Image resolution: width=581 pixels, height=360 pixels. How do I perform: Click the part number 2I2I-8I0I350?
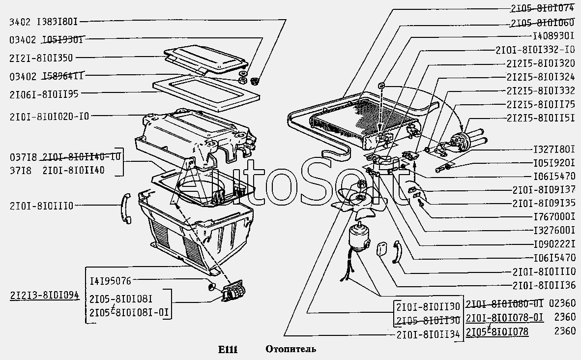pyautogui.click(x=41, y=58)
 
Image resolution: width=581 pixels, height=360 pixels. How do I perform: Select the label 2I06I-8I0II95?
pyautogui.click(x=43, y=93)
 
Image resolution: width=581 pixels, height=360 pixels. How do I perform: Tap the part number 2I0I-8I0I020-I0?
pyautogui.click(x=49, y=116)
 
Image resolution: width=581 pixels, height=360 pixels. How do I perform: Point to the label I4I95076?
pyautogui.click(x=111, y=281)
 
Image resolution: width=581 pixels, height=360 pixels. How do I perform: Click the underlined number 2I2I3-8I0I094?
pyautogui.click(x=44, y=296)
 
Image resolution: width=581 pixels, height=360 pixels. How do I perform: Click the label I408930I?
pyautogui.click(x=553, y=36)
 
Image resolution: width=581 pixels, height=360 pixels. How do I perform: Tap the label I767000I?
pyautogui.click(x=553, y=215)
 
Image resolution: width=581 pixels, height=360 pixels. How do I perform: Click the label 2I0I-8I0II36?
pyautogui.click(x=544, y=285)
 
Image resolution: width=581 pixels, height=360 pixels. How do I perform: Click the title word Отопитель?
pyautogui.click(x=290, y=350)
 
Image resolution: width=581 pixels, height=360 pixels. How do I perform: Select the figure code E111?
pyautogui.click(x=228, y=350)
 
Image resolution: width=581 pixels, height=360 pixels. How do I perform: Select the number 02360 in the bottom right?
pyautogui.click(x=563, y=303)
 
